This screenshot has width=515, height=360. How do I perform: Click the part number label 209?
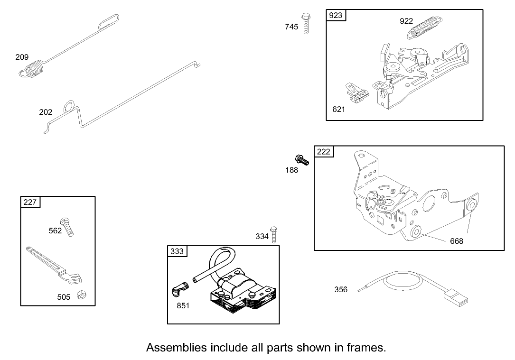point(22,57)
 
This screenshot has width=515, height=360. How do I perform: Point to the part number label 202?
point(46,112)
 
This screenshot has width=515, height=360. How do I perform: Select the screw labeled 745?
point(306,23)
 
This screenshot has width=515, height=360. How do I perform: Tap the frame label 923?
point(336,15)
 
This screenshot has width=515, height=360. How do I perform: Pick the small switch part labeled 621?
point(356,92)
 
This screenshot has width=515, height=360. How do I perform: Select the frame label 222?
point(324,152)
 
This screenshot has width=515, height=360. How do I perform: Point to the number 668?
point(457,241)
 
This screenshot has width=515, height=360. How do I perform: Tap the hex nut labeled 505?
point(82,295)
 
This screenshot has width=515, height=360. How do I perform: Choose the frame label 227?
point(30,202)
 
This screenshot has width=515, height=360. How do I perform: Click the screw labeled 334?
point(273,234)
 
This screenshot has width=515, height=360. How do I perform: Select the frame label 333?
point(177,251)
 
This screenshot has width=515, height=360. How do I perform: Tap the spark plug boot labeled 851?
point(180,289)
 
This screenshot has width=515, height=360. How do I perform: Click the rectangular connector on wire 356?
point(456,298)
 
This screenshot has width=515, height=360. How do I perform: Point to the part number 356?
point(341,289)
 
